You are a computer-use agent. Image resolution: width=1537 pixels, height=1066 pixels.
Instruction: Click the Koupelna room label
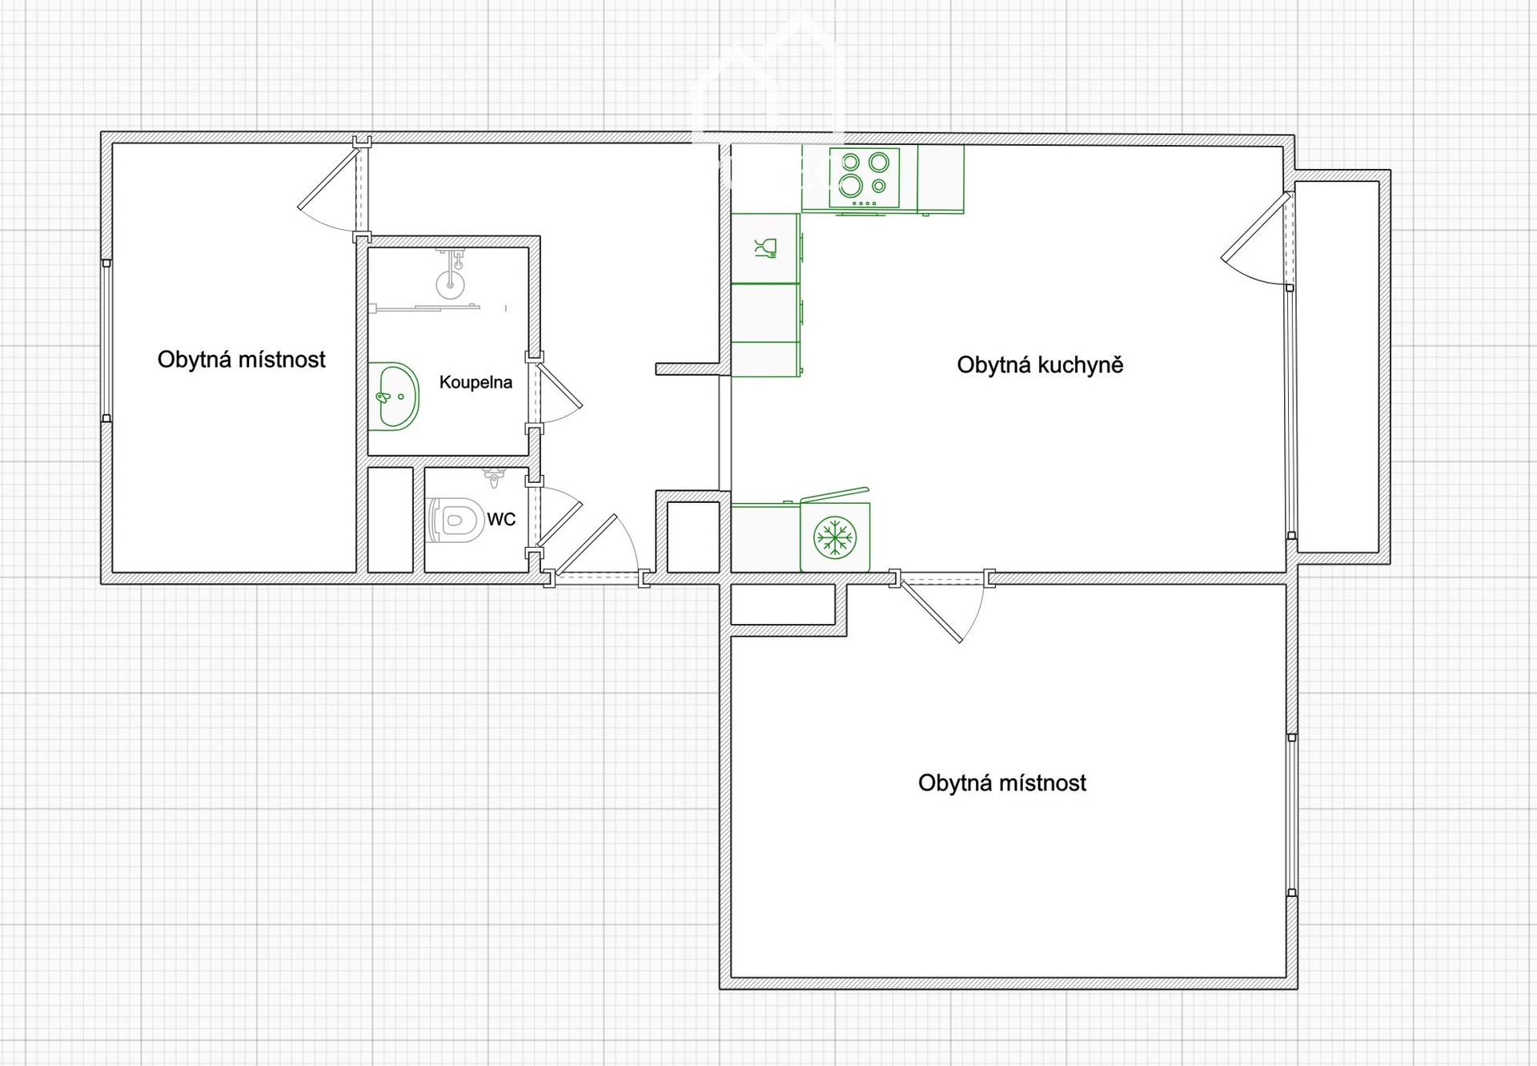click(x=476, y=382)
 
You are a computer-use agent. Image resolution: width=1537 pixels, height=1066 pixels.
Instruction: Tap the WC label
click(x=501, y=519)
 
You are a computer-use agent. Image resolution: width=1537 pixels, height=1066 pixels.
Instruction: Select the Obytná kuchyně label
click(x=1040, y=365)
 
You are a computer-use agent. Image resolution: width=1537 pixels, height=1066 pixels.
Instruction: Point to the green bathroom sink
click(x=394, y=396)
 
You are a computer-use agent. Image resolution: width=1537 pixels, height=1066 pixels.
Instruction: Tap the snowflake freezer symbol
click(x=835, y=537)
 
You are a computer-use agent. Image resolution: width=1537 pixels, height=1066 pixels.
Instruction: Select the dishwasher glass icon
click(x=766, y=248)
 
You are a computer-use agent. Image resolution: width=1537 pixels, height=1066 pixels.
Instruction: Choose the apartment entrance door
click(x=596, y=545)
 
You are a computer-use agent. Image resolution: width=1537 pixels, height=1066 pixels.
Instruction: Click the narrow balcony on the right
click(x=1337, y=367)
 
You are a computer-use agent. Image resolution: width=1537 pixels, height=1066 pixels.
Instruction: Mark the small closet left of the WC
click(x=390, y=520)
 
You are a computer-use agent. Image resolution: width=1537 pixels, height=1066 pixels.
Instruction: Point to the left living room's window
click(x=106, y=340)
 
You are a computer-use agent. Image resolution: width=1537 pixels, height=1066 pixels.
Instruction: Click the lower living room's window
click(x=1291, y=815)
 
